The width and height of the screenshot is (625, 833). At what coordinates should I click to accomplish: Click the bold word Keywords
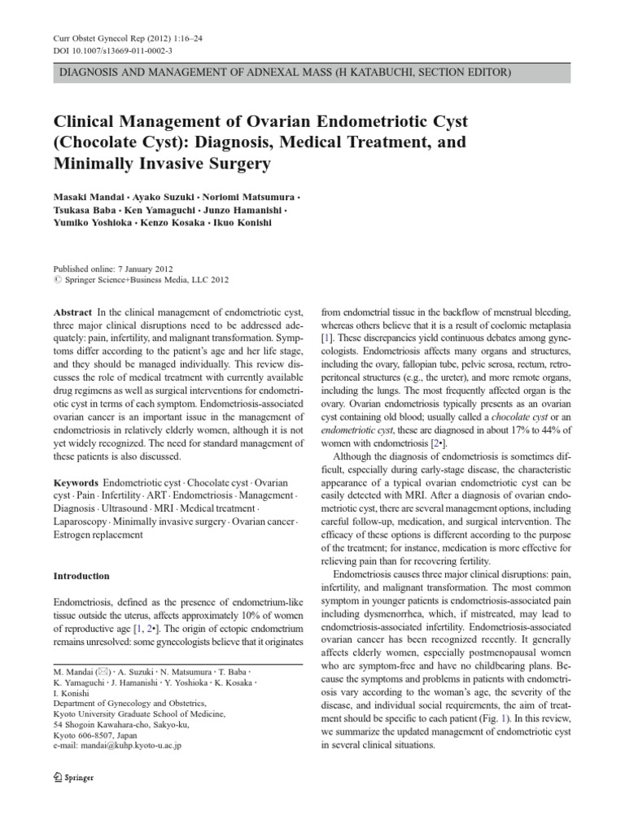click(x=77, y=482)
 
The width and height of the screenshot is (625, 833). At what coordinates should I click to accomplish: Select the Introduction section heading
click(x=81, y=576)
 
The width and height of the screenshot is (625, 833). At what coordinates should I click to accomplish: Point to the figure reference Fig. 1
click(x=504, y=721)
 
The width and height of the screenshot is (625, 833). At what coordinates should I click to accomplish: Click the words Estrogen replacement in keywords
click(x=98, y=535)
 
